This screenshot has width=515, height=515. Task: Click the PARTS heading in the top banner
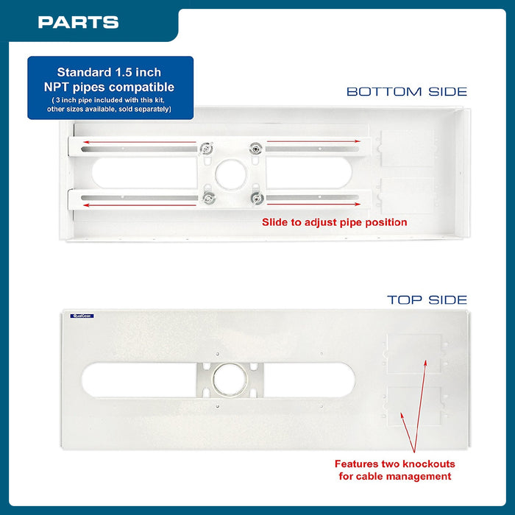pyautogui.click(x=78, y=22)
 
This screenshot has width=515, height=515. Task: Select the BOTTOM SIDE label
pyautogui.click(x=406, y=92)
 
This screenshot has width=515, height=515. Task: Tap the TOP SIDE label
pyautogui.click(x=427, y=300)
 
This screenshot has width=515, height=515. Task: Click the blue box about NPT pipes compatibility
pyautogui.click(x=110, y=88)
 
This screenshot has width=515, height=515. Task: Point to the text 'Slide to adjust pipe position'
pyautogui.click(x=335, y=222)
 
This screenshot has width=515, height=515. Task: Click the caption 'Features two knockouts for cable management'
pyautogui.click(x=394, y=470)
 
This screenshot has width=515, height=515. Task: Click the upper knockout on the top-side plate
pyautogui.click(x=414, y=353)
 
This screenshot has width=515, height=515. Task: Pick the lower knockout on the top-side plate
pyautogui.click(x=414, y=407)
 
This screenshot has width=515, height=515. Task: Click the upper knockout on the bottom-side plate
pyautogui.click(x=407, y=151)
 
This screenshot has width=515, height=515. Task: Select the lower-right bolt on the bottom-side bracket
pyautogui.click(x=255, y=198)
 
